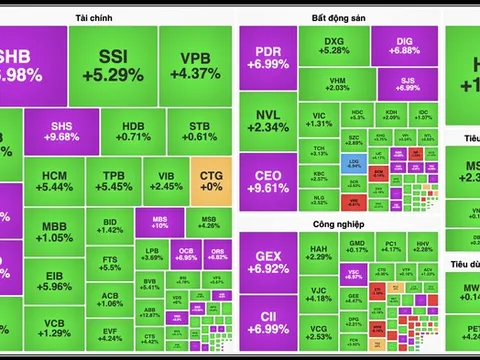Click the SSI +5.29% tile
click(119, 66)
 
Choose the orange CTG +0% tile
click(210, 180)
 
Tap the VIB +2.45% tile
click(167, 180)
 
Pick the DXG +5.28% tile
click(334, 44)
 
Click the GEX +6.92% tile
click(268, 262)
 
